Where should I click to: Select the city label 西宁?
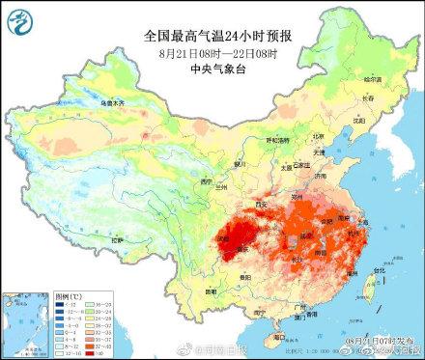pyautogui.click(x=202, y=178)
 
